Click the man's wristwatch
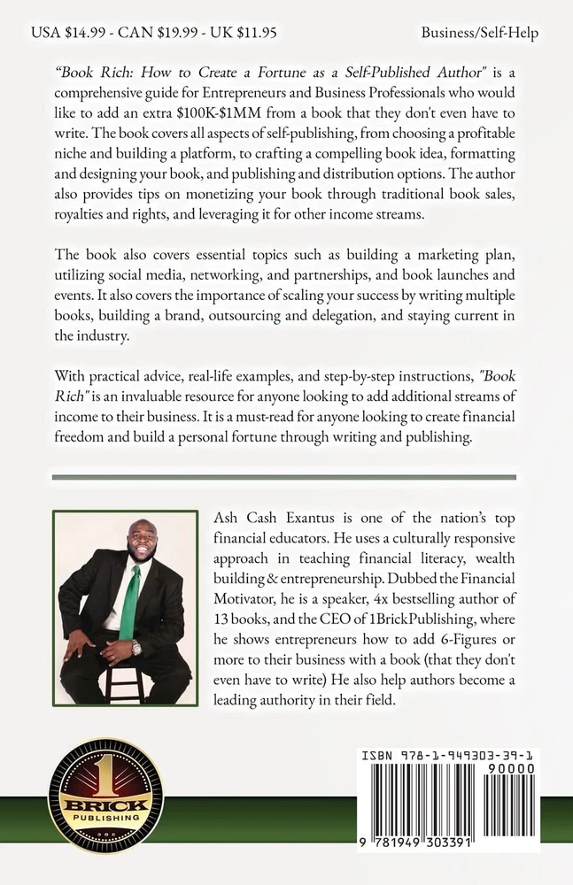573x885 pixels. click(x=136, y=647)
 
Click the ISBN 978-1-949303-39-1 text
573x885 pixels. click(x=450, y=757)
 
